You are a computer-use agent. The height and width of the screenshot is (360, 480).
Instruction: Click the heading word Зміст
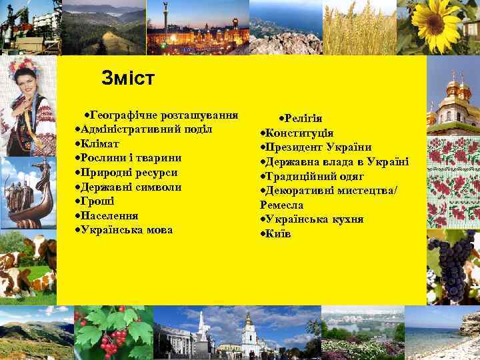tap(128, 79)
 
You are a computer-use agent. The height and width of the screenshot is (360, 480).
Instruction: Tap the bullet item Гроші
tap(97, 201)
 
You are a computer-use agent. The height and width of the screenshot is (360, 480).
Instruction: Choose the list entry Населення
tap(109, 215)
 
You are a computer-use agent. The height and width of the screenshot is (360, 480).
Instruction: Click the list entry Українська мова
tap(127, 229)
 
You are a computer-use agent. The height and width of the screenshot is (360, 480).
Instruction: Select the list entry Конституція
tap(300, 133)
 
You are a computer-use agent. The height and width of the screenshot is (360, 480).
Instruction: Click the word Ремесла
tap(281, 205)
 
